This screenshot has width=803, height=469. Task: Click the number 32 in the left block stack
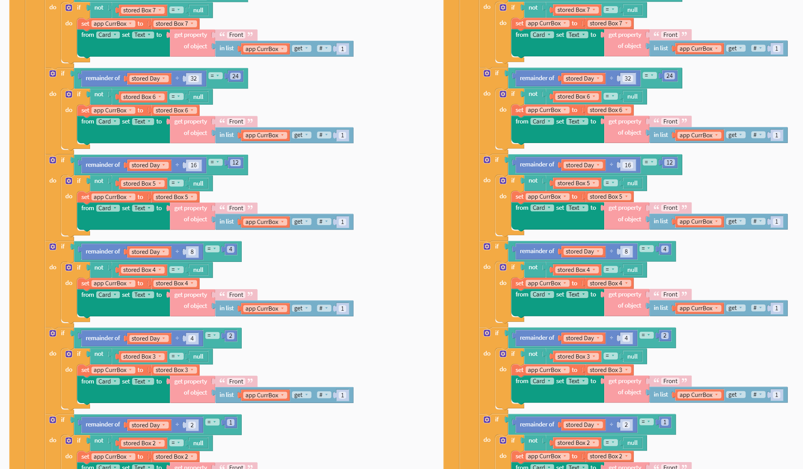pyautogui.click(x=193, y=79)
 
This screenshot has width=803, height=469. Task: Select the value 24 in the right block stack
pyautogui.click(x=669, y=76)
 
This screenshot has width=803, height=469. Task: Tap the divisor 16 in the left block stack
pyautogui.click(x=193, y=165)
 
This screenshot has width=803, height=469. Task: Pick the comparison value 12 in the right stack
pyautogui.click(x=669, y=163)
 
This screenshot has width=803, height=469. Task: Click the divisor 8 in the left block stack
pyautogui.click(x=192, y=252)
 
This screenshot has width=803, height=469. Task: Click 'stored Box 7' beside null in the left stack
pyautogui.click(x=139, y=10)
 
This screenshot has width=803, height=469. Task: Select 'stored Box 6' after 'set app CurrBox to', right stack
pyautogui.click(x=606, y=110)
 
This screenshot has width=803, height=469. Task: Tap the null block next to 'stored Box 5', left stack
pyautogui.click(x=198, y=184)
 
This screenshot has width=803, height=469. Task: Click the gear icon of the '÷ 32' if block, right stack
pyautogui.click(x=487, y=73)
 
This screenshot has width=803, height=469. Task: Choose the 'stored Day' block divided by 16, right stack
pyautogui.click(x=580, y=165)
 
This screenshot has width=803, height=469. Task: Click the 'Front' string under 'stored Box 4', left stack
pyautogui.click(x=236, y=295)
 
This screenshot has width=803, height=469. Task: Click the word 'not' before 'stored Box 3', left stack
pyautogui.click(x=99, y=354)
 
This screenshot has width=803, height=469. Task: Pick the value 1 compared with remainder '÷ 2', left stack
pyautogui.click(x=230, y=423)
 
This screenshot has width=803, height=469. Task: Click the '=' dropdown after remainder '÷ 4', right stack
pyautogui.click(x=646, y=336)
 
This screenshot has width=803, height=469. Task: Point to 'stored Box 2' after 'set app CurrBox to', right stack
pyautogui.click(x=606, y=456)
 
